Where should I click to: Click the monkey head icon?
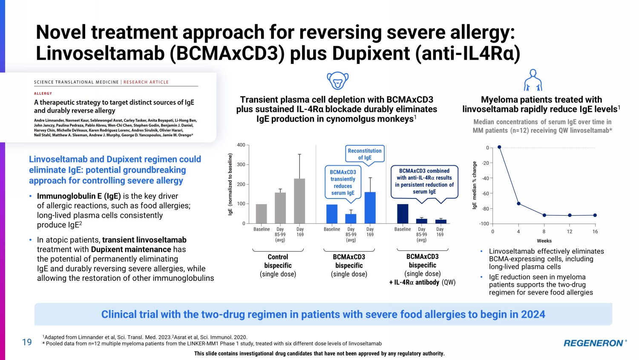pyautogui.click(x=337, y=80)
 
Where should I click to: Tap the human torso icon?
pyautogui.click(x=533, y=80)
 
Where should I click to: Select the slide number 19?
pyautogui.click(x=27, y=342)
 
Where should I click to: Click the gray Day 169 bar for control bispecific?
pyautogui.click(x=299, y=201)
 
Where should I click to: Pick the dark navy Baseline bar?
pyautogui.click(x=402, y=213)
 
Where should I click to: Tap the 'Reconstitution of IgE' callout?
pyautogui.click(x=365, y=154)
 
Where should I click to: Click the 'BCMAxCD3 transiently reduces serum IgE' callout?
pyautogui.click(x=343, y=182)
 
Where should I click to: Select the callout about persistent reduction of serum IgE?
pyautogui.click(x=424, y=181)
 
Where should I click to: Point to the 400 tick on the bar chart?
pyautogui.click(x=241, y=145)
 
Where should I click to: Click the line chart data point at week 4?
pyautogui.click(x=518, y=204)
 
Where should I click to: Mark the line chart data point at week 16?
pyautogui.click(x=595, y=215)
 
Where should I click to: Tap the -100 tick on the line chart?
pyautogui.click(x=484, y=224)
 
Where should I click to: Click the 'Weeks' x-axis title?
pyautogui.click(x=544, y=241)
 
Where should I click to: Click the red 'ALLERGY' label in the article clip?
pyautogui.click(x=43, y=93)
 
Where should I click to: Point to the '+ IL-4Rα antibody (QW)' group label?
pyautogui.click(x=422, y=282)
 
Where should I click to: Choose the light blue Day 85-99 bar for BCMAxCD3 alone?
pyautogui.click(x=351, y=219)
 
